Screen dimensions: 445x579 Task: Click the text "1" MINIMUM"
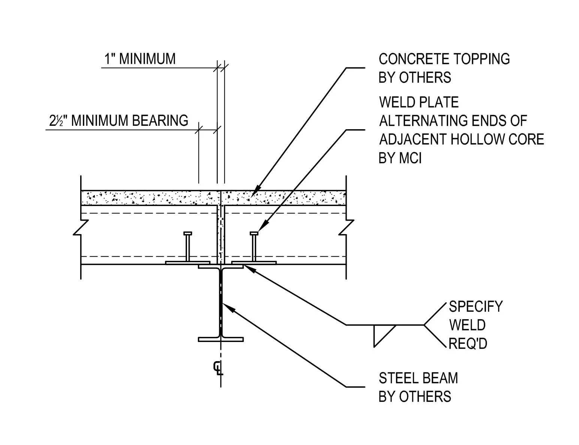tap(139, 59)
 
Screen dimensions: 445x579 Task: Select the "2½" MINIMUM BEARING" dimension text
tap(119, 121)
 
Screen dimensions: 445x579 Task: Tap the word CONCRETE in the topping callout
tap(409, 59)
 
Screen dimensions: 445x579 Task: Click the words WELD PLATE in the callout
tap(419, 102)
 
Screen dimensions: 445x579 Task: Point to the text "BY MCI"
tap(400, 158)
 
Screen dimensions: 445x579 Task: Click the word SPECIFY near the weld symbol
tap(475, 307)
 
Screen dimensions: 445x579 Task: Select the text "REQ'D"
tap(468, 343)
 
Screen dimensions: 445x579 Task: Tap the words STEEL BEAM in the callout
tap(418, 378)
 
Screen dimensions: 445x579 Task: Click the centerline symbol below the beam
tap(218, 368)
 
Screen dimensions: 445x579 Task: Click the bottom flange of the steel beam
tap(221, 339)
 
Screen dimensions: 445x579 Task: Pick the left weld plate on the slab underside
tap(187, 263)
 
